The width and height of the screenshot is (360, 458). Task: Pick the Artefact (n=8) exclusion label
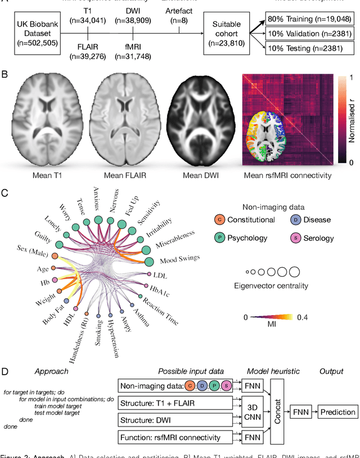(x=179, y=15)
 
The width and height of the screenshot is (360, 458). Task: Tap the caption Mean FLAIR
(x=125, y=175)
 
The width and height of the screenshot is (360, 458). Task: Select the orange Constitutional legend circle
(x=220, y=220)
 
